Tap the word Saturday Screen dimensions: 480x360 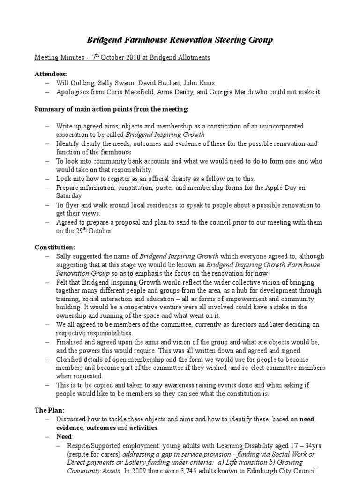point(69,196)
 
